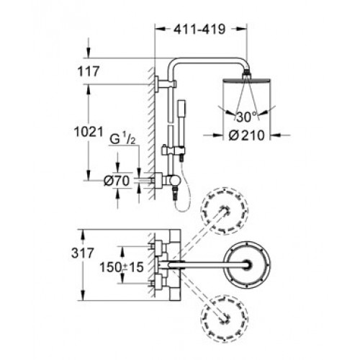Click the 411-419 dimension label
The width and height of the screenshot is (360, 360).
(199, 30)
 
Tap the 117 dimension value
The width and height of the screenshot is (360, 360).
(89, 71)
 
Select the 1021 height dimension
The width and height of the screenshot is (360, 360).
(89, 132)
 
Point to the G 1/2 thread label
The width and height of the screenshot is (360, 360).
(122, 139)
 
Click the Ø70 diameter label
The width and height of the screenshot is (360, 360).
(117, 181)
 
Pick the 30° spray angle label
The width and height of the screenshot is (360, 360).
(246, 117)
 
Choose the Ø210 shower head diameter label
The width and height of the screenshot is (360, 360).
(246, 135)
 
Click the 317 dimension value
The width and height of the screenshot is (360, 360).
(82, 253)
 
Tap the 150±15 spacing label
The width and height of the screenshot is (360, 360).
(122, 267)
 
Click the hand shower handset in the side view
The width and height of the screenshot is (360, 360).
(181, 125)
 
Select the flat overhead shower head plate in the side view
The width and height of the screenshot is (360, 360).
(247, 80)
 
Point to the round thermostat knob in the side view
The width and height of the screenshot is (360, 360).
(174, 181)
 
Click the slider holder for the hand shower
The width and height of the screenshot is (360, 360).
(174, 150)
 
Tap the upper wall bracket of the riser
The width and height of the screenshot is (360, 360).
(166, 84)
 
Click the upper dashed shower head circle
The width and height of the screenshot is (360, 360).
(225, 210)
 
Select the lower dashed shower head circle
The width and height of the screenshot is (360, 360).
(225, 319)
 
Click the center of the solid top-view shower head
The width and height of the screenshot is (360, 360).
(247, 265)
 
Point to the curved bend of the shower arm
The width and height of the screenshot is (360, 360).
(172, 63)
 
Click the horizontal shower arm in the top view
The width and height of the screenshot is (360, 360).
(209, 265)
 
